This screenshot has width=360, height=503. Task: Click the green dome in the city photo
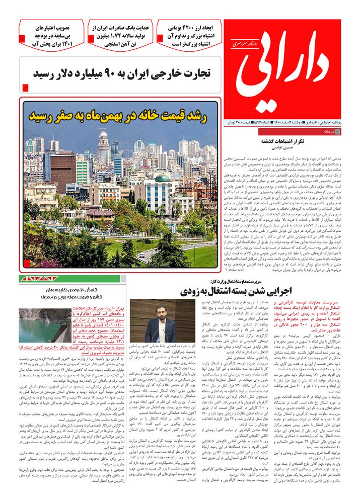(x=162, y=179)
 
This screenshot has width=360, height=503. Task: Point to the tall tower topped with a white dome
(x=103, y=146)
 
